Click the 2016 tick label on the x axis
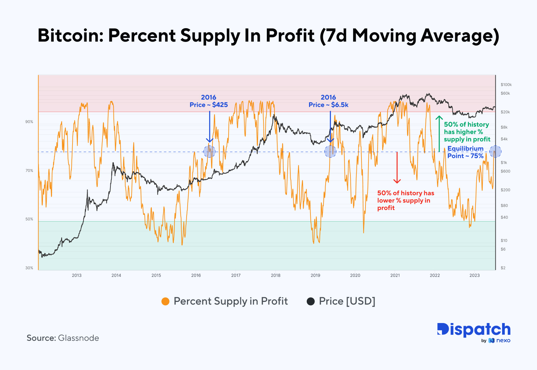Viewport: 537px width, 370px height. pos(196,275)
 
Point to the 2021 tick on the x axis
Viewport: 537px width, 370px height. pos(395,275)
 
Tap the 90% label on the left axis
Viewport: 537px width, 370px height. pos(29,122)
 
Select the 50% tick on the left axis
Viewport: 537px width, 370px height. pos(29,219)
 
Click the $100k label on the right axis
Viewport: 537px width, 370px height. pos(506,85)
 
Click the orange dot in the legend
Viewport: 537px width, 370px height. pos(165,301)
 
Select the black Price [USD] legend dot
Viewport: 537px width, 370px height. pos(311,301)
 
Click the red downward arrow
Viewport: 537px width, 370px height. pos(397,168)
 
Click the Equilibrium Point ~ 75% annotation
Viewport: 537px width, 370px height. pos(465,152)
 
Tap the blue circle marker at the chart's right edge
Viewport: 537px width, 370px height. pos(495,152)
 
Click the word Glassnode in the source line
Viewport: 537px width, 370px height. pos(79,338)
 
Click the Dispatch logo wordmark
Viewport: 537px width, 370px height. pos(474,330)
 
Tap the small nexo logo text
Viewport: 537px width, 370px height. pos(503,340)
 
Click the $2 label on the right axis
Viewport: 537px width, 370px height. pos(503,268)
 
